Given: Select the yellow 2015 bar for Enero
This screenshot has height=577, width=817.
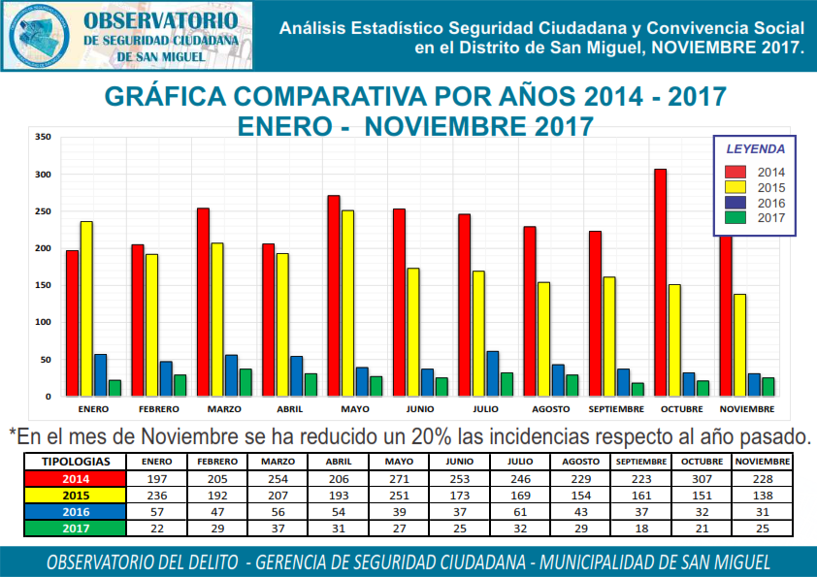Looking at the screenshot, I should (x=86, y=308).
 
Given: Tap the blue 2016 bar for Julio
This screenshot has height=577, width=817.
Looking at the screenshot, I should (x=493, y=373).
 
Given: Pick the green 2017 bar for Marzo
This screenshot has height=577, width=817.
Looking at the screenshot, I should (x=245, y=382).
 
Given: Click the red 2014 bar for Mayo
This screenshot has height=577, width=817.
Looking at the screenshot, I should (x=334, y=296).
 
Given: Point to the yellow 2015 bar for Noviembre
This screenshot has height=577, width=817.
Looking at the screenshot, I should (x=740, y=344).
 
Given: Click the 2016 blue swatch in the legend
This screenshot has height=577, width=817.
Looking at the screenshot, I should (x=736, y=204).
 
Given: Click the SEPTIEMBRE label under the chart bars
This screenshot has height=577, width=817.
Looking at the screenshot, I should (x=616, y=410).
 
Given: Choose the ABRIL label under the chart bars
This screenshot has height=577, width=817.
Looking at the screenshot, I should (x=289, y=410).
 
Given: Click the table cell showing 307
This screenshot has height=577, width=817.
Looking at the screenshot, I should (x=702, y=478).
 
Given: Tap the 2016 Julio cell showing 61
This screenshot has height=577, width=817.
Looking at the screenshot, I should (x=521, y=511).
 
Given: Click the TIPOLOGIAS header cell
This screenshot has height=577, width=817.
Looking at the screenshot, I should (x=76, y=462).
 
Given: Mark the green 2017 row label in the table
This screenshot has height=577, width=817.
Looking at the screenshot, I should (x=76, y=528).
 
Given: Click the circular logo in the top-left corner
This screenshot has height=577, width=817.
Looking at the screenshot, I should (x=38, y=36).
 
